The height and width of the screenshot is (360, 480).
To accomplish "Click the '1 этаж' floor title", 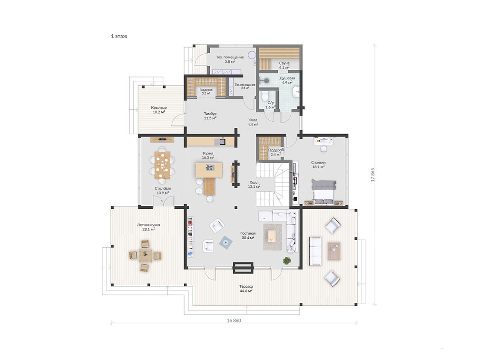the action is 119,36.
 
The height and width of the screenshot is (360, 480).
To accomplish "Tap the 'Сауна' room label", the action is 284,63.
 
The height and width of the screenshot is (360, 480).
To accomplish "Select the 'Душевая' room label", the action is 287,78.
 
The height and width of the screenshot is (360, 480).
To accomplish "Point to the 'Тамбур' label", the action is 210,114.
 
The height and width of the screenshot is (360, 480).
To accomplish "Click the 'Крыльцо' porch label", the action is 159,108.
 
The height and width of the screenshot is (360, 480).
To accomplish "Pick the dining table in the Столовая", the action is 163,165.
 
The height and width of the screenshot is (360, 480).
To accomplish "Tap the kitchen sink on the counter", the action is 222,141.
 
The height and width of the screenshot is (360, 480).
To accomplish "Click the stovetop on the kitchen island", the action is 210,167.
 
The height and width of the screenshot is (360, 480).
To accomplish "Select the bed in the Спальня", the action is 323,192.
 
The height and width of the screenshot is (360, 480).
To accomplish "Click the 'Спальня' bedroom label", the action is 318,163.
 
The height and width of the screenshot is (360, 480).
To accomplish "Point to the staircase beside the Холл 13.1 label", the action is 273,184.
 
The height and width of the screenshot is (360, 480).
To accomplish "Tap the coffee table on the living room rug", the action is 272,236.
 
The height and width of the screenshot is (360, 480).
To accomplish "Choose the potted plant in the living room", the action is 287,261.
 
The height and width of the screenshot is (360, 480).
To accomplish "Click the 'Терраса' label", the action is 246,287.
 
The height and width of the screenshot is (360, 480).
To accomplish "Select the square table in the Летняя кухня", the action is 145,255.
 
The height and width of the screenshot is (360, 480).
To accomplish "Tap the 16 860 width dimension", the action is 234,321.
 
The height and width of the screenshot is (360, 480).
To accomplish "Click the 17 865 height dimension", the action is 372,175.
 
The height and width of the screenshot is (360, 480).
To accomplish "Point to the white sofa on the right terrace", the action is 315,251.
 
